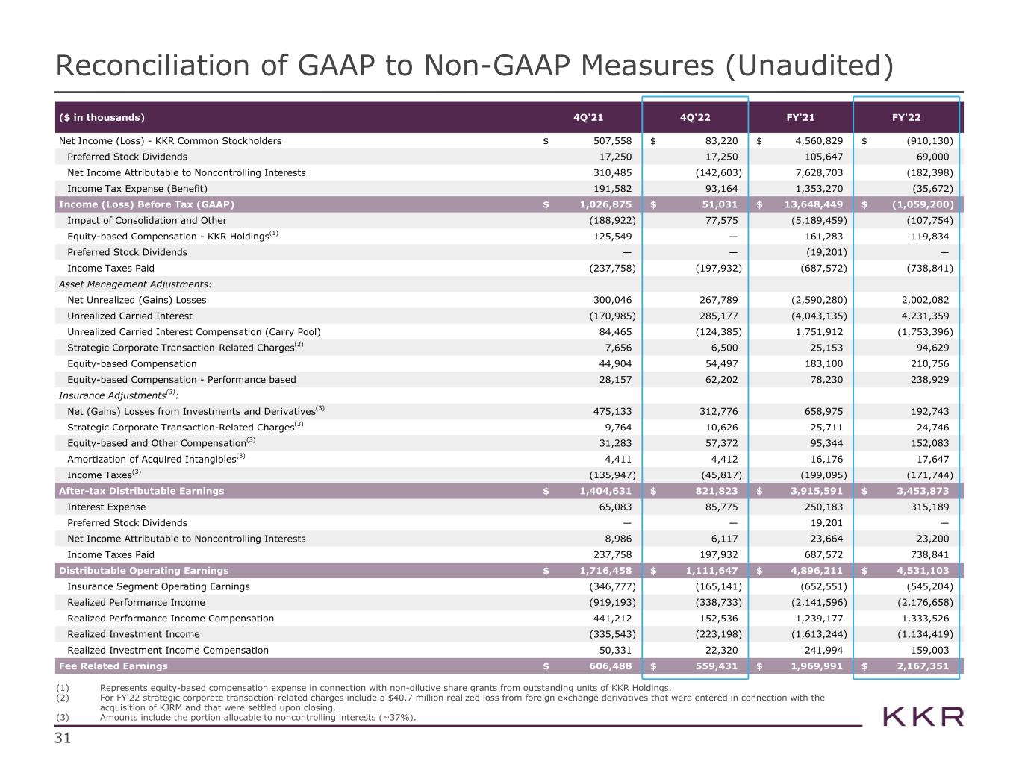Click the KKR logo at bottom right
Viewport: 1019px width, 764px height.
(x=923, y=717)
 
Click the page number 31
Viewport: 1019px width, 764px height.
(x=62, y=739)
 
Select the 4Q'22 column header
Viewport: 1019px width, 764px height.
(x=695, y=117)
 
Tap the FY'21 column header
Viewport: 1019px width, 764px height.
(x=802, y=117)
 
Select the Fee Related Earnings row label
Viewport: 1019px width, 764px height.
(x=113, y=666)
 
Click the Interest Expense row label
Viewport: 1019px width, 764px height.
(x=107, y=507)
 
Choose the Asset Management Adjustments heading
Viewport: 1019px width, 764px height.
(x=135, y=284)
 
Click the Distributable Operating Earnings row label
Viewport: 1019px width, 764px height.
(x=144, y=571)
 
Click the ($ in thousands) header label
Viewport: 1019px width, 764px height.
(x=102, y=117)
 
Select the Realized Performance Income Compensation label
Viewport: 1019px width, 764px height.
(x=170, y=619)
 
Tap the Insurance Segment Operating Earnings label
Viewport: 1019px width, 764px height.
(x=158, y=586)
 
